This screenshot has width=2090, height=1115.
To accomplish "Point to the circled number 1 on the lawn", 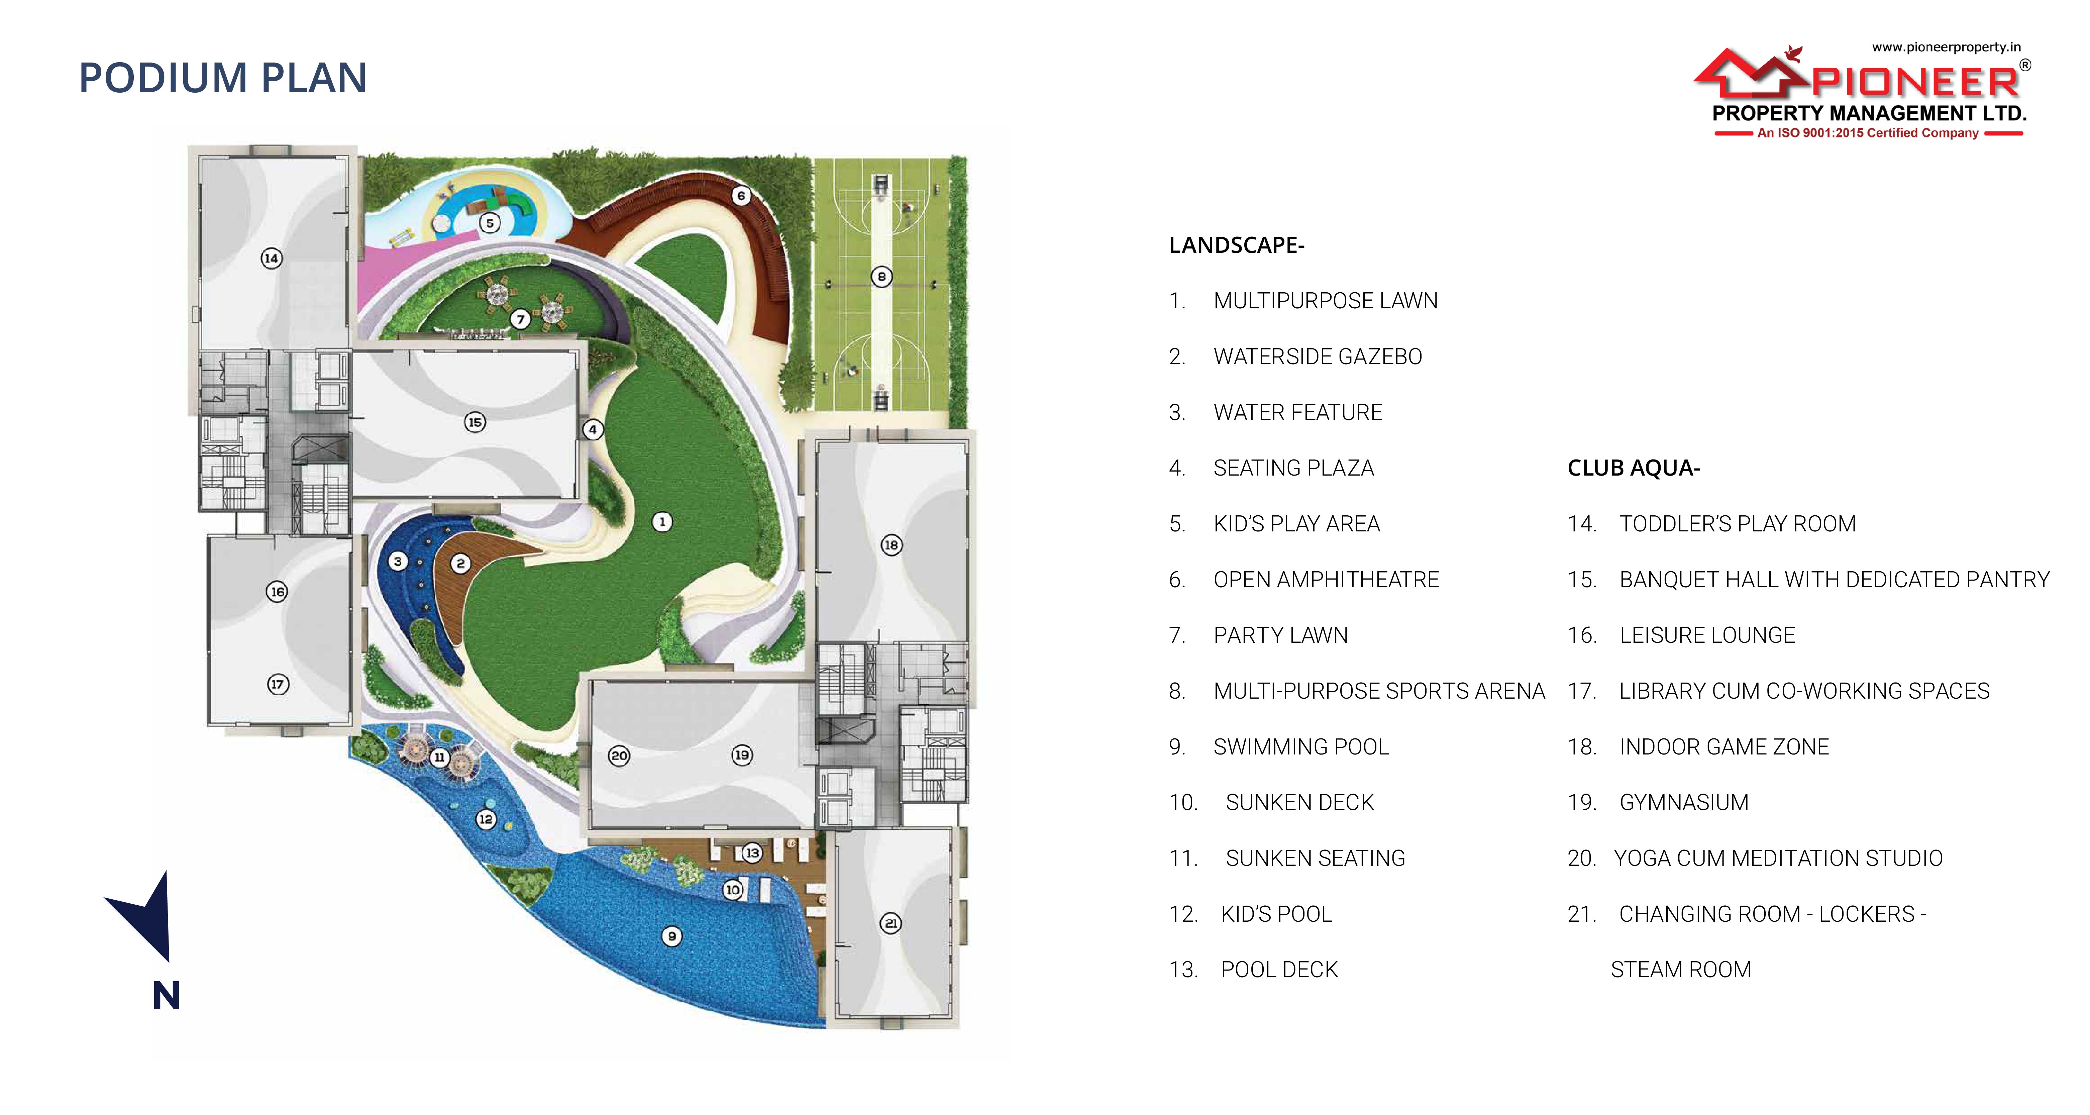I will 662,522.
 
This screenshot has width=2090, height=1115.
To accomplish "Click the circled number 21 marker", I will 891,923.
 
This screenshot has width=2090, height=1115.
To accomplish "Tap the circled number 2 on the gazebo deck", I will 460,563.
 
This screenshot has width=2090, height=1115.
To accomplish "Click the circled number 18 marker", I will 891,544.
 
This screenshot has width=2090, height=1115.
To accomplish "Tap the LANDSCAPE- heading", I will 1236,245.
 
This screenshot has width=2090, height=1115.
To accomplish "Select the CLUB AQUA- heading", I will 1633,468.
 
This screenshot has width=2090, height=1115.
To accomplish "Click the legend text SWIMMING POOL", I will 1300,746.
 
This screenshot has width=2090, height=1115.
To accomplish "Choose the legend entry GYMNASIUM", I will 1683,803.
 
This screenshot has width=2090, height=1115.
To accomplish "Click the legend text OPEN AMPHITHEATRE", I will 1326,580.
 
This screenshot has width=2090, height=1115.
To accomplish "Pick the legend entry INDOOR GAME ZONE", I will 1724,746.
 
